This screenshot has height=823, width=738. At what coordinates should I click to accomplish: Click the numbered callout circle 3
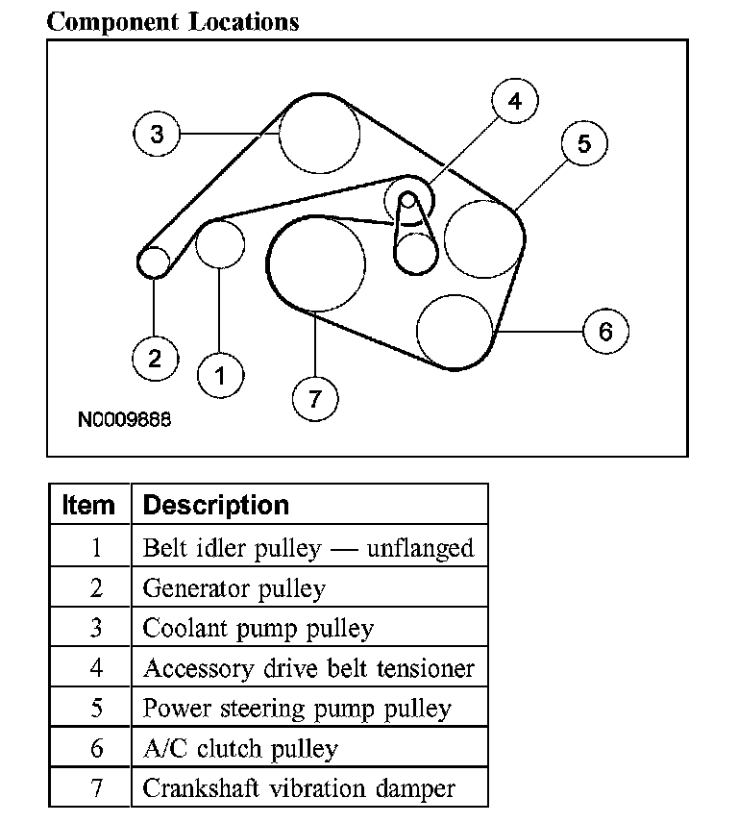pos(158,134)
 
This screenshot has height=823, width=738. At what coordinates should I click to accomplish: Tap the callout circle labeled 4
pos(515,102)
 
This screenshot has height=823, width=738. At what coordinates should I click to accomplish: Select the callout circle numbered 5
pos(584,144)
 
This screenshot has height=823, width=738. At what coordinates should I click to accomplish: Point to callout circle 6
pos(605,331)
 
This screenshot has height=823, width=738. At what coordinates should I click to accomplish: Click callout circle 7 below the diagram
pos(315,396)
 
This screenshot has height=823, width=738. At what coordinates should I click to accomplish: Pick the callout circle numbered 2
pos(155,359)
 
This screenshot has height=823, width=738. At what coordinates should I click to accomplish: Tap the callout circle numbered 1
pos(221,376)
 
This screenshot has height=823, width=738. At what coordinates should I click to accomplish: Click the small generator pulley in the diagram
pos(154,261)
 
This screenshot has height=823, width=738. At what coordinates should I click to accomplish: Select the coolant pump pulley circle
pos(319,134)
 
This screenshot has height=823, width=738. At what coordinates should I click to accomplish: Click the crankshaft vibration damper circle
pos(316,263)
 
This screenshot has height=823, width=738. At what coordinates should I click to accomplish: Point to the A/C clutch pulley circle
pos(455,330)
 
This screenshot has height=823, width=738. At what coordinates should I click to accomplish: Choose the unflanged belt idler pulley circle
pos(220,242)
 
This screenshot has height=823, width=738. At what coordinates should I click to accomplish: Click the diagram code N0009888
pos(125,420)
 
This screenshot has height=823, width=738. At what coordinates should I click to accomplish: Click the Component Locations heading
pos(173,21)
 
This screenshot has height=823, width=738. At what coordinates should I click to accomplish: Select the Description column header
pos(215,506)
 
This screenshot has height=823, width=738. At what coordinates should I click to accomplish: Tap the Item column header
pos(88,506)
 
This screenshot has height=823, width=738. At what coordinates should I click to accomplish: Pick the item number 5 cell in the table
pos(95,709)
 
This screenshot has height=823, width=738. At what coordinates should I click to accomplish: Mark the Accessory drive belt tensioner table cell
pos(308,668)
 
